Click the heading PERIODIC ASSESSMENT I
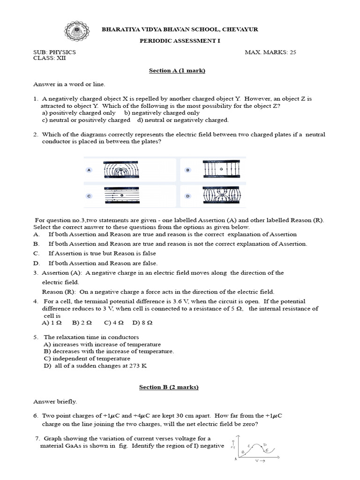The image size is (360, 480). [x=180, y=41]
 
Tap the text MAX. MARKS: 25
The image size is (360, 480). [x=270, y=52]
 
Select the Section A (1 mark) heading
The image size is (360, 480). [x=177, y=70]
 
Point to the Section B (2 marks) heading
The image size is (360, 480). [x=169, y=387]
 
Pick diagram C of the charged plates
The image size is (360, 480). [x=127, y=195]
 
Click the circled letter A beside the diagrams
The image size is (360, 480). [x=89, y=170]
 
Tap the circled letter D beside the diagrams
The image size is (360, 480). [x=187, y=196]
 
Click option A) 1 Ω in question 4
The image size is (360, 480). [x=52, y=323]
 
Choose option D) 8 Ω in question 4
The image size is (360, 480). [x=143, y=323]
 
